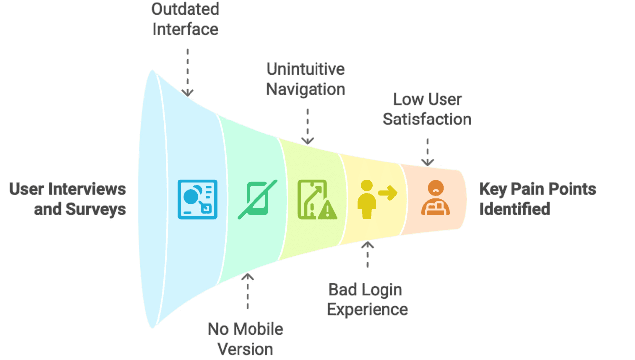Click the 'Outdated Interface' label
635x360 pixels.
pyautogui.click(x=185, y=19)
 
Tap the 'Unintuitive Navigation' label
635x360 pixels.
pyautogui.click(x=306, y=79)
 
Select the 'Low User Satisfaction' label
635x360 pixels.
pyautogui.click(x=427, y=109)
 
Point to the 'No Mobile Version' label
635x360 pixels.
pyautogui.click(x=246, y=339)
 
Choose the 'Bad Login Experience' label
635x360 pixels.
pyautogui.click(x=368, y=300)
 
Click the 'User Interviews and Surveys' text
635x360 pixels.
pyautogui.click(x=68, y=199)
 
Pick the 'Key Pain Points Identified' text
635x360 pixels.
pyautogui.click(x=537, y=199)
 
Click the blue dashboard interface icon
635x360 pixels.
pyautogui.click(x=197, y=199)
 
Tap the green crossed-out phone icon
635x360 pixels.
pyautogui.click(x=257, y=199)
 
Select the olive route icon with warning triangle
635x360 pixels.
pyautogui.click(x=317, y=199)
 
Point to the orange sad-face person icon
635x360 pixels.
pyautogui.click(x=436, y=198)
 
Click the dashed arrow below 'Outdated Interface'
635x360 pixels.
pyautogui.click(x=188, y=72)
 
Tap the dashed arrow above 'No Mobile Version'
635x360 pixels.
pyautogui.click(x=247, y=291)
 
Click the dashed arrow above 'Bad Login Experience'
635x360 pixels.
pyautogui.click(x=368, y=254)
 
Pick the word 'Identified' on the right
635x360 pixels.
pyautogui.click(x=514, y=209)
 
